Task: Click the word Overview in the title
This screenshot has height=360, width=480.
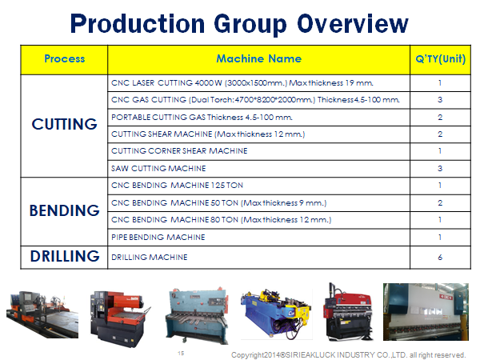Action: [353, 23]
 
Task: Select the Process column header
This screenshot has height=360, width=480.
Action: [64, 58]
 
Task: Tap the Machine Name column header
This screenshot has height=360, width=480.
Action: [258, 58]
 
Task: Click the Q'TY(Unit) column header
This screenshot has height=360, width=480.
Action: [440, 58]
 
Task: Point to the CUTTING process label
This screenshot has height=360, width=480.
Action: [64, 124]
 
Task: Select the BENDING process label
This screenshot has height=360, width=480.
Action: [64, 210]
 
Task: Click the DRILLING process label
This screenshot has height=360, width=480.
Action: [65, 256]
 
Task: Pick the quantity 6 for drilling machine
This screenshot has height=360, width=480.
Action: [440, 257]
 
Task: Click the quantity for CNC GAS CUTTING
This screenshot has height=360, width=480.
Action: [440, 100]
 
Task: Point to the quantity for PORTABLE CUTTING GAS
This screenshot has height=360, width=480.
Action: [440, 118]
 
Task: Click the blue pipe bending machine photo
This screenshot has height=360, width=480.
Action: [277, 313]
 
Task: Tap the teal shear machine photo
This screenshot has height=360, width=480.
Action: [197, 315]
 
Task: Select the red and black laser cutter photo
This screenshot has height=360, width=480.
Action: [120, 318]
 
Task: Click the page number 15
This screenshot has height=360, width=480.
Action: [181, 354]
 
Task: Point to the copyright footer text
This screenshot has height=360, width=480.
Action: [348, 355]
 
